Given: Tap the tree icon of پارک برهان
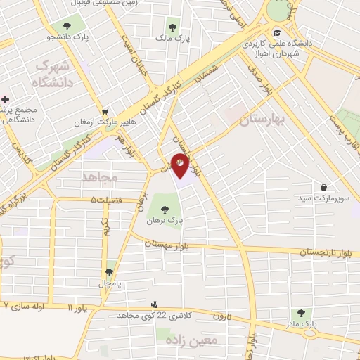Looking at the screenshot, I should coord(164,209).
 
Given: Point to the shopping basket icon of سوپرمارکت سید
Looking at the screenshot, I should coord(323,187).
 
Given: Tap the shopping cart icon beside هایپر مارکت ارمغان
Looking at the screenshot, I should coord(105,110).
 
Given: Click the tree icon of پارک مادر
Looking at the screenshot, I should coord(302,314).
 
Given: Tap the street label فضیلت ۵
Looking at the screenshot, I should coord(106,200).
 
